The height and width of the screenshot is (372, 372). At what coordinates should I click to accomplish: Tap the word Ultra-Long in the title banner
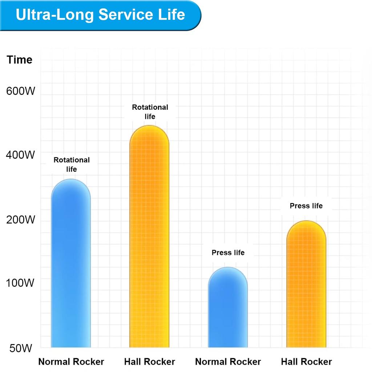point(54,15)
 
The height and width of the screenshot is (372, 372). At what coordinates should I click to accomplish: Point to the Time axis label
point(20,60)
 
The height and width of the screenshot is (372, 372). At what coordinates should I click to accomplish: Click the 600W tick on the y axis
point(21,91)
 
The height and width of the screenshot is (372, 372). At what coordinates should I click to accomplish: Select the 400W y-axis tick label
point(21,155)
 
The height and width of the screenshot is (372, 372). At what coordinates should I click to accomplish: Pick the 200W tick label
point(21,220)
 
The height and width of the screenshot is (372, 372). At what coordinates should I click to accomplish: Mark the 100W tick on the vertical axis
point(21,283)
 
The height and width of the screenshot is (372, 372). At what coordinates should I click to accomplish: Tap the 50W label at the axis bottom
point(21,348)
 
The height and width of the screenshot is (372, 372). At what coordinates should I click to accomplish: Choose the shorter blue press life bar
point(228,309)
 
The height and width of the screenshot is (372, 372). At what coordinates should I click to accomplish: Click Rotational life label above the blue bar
point(72,165)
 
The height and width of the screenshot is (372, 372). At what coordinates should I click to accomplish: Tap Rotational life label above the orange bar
point(150,112)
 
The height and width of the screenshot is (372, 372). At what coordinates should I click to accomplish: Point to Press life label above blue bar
point(228,252)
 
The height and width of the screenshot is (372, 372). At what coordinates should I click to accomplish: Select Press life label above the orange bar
point(306,206)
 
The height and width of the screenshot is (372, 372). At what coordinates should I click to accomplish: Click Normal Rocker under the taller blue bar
point(71,362)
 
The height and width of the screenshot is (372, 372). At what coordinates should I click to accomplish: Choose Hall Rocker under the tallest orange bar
point(150,362)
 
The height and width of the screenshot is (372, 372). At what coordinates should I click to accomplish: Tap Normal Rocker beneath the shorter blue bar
point(228,362)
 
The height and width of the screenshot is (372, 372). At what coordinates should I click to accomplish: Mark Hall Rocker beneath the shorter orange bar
point(307,362)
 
